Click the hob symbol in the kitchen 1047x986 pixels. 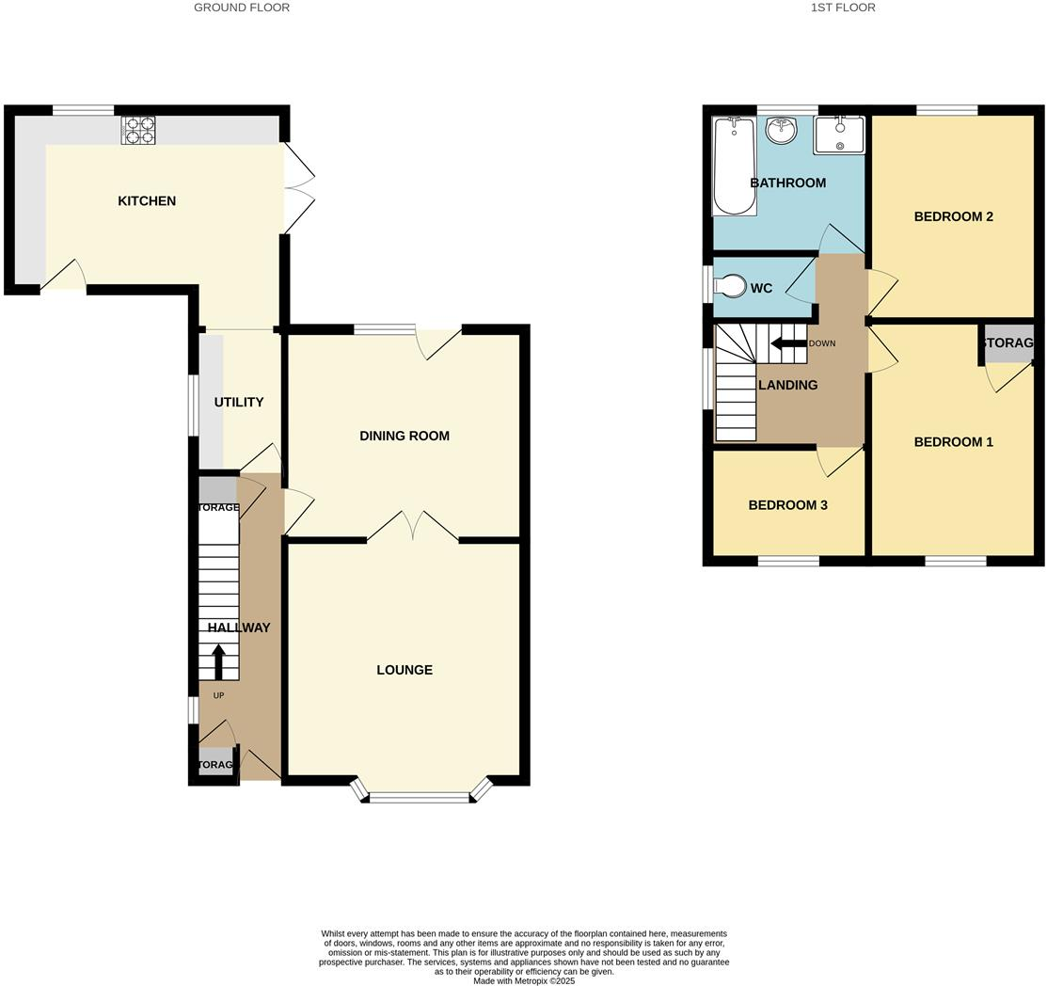point(137,130)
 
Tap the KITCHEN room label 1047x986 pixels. point(147,200)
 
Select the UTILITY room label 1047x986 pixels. point(239,402)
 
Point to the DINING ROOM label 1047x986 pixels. point(405,436)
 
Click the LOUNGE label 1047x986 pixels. point(405,670)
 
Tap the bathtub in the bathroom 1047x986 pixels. point(734,166)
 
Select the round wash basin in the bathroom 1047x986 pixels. point(781,131)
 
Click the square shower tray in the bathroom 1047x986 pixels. point(839,134)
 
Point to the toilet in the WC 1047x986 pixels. point(731,285)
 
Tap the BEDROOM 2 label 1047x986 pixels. point(953,216)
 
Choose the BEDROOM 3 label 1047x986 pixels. point(787,505)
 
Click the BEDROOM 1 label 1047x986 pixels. point(953,442)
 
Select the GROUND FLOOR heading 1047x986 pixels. point(242,8)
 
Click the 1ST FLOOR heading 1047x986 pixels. point(843,8)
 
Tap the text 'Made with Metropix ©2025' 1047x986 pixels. point(524,980)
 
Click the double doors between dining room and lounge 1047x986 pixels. point(412,527)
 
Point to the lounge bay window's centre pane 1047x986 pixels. point(420,798)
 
